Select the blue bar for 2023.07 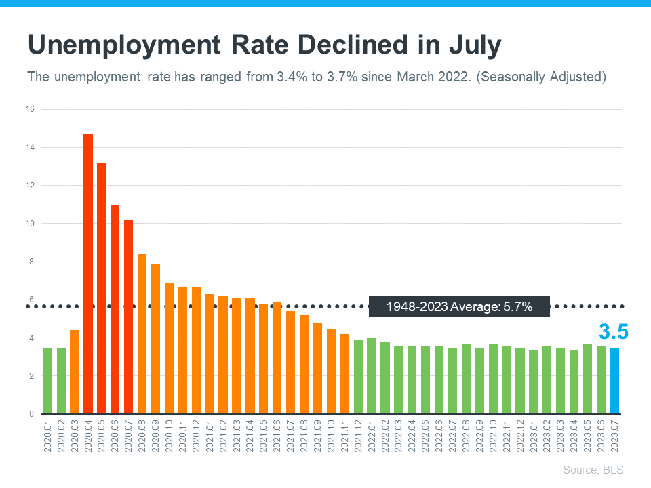614,380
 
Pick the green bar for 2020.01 47,380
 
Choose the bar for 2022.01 372,375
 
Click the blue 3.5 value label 613,331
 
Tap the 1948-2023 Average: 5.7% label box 459,307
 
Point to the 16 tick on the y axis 31,109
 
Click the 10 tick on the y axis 31,224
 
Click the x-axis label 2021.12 358,436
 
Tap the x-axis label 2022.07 452,436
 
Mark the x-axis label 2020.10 169,436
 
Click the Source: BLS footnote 593,470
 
